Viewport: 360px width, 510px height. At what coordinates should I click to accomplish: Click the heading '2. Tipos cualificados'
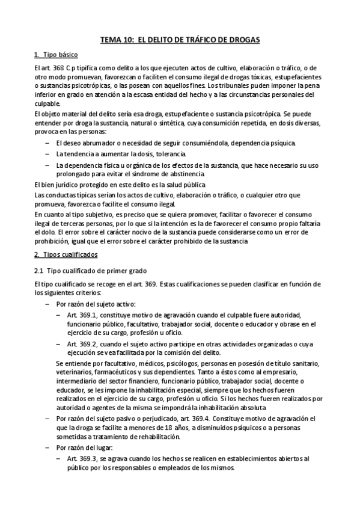(x=61, y=256)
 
